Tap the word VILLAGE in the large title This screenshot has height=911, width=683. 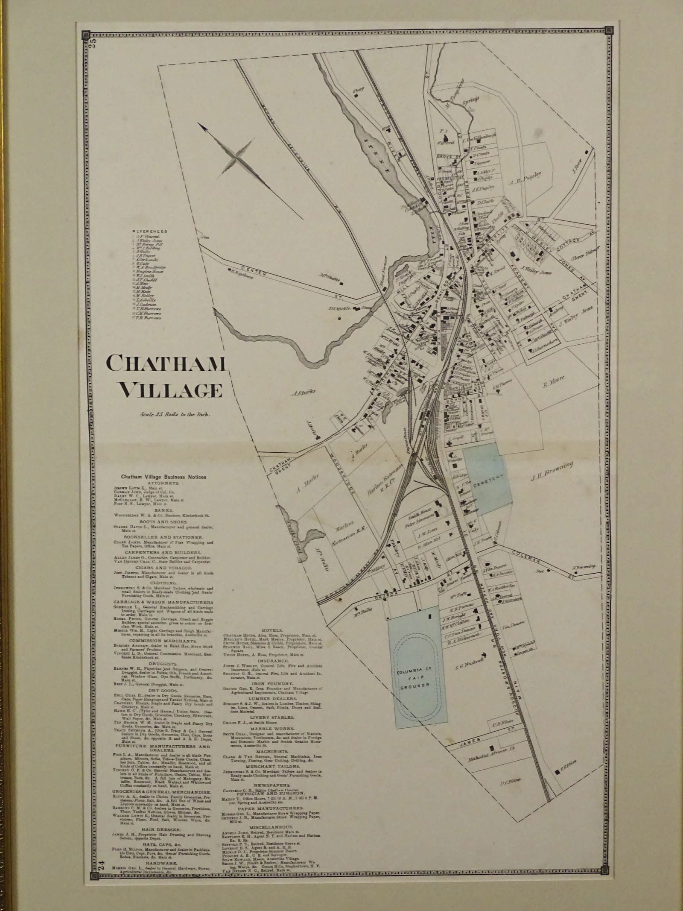170,390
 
